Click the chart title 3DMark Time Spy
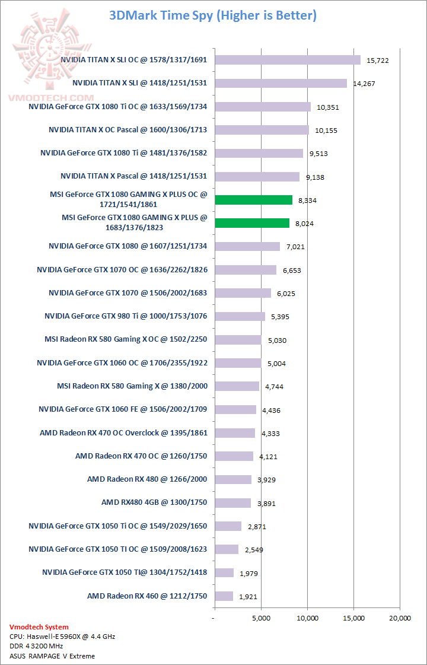213,15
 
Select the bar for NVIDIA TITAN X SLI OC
288,60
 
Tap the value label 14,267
364,84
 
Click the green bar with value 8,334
253,200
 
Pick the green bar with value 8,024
252,223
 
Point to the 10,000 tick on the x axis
307,618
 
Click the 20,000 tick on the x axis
400,618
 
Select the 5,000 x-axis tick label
261,618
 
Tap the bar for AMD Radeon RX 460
224,596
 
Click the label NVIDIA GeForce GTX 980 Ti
126,316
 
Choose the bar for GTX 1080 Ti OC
263,107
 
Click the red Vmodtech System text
39,627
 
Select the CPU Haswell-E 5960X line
62,637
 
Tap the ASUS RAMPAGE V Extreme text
52,656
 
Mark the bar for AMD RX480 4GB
233,503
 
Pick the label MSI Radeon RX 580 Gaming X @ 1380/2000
132,386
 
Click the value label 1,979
248,573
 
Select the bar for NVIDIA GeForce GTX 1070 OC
246,270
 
